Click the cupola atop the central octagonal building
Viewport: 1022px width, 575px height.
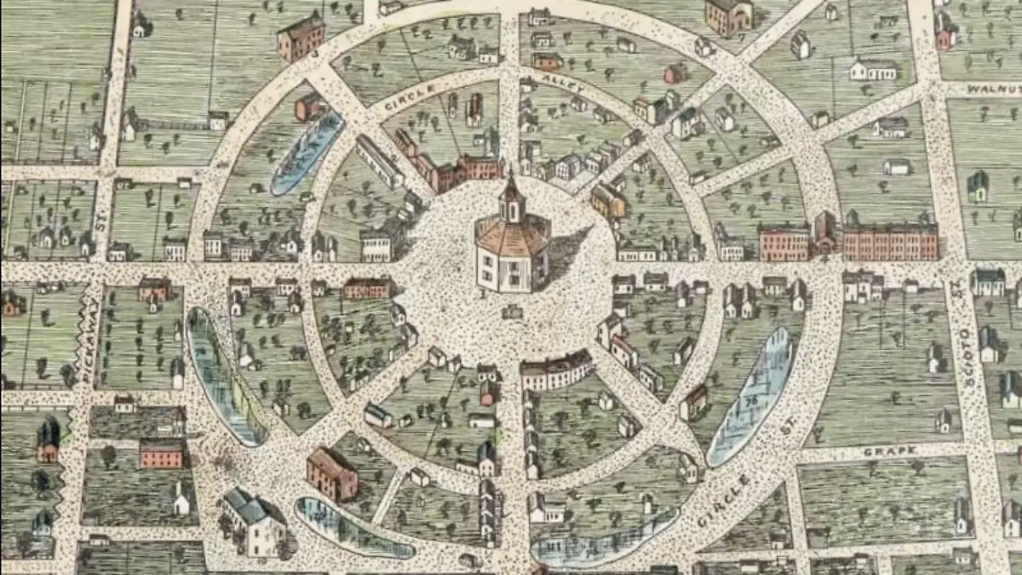point(511,198)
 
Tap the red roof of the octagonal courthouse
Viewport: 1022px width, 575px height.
point(511,234)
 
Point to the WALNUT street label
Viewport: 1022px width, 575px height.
point(993,89)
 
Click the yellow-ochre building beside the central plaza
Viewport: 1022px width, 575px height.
point(607,201)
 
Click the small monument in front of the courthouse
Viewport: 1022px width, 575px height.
point(512,312)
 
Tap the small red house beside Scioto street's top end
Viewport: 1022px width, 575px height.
point(944,32)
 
